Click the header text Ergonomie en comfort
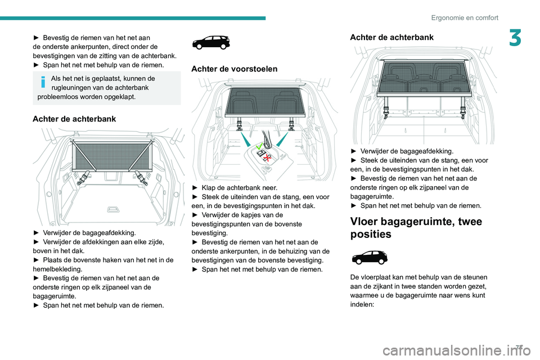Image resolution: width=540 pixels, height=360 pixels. (465, 17)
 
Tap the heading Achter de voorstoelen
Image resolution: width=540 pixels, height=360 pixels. (235, 69)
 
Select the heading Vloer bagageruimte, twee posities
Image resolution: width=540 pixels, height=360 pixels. (416, 228)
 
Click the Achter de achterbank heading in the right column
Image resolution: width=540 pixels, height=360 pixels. (391, 37)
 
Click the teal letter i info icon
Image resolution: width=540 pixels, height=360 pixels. (43, 82)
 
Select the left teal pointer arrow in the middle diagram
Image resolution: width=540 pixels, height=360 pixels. (245, 141)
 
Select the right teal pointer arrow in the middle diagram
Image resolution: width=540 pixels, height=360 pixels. (283, 141)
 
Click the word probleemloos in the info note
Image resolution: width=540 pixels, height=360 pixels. (61, 96)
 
